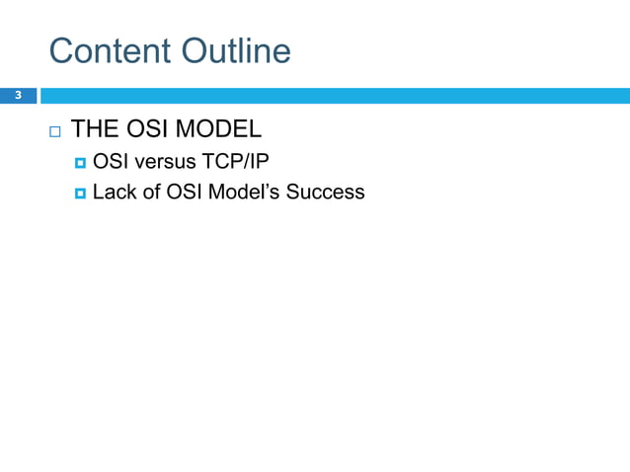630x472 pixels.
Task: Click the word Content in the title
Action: tap(109, 51)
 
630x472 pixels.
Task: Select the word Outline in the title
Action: tap(234, 51)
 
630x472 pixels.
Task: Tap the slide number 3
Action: tap(17, 96)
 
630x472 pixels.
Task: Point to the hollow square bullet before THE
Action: tap(53, 131)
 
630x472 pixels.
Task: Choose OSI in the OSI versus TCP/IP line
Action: tap(109, 161)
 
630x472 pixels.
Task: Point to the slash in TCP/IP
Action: tap(244, 161)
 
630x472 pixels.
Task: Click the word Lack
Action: tap(113, 192)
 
